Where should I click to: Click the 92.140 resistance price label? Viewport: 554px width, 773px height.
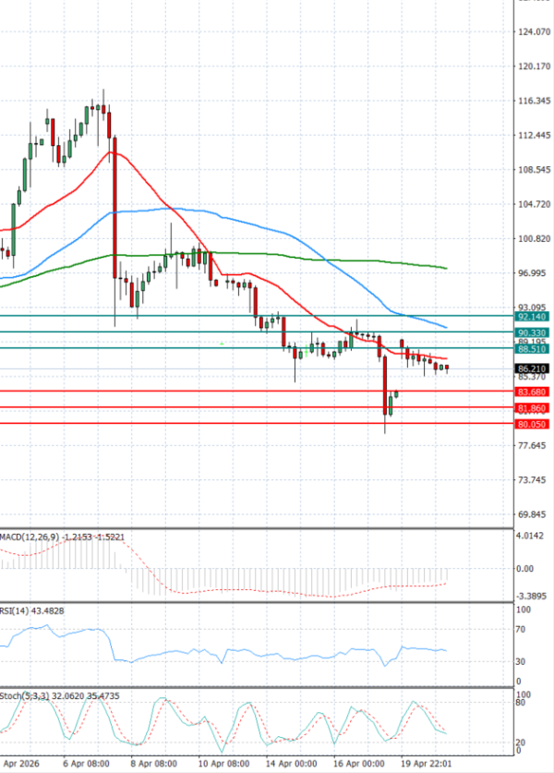pos(534,316)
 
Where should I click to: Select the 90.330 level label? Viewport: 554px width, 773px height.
pos(534,332)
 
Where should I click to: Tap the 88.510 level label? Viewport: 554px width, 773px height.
pos(534,349)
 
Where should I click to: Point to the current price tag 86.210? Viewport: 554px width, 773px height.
pos(534,368)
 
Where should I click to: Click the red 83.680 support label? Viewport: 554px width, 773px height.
pos(534,392)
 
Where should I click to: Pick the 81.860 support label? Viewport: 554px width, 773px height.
pos(534,407)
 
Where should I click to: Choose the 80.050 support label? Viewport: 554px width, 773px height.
pos(534,424)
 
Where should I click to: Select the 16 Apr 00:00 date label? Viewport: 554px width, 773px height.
pos(358,765)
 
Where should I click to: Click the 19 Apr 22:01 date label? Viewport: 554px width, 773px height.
pos(427,765)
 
